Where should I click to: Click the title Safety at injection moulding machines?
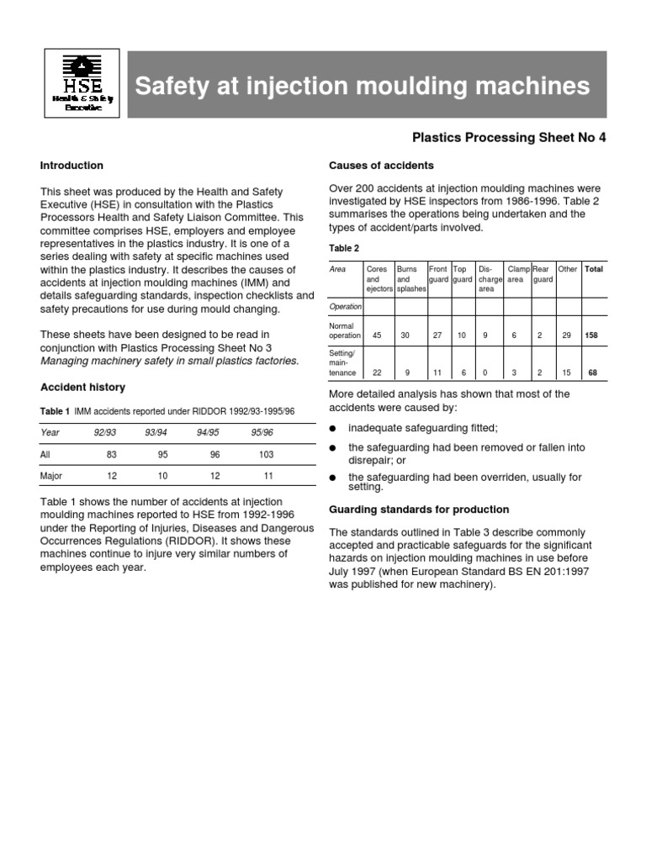(363, 86)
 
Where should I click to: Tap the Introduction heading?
(71, 166)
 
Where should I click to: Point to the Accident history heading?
(82, 387)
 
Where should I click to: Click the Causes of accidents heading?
(381, 166)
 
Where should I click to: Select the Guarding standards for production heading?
(418, 510)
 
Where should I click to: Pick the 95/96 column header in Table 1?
(262, 432)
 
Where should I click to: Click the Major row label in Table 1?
(52, 476)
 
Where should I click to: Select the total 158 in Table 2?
(593, 335)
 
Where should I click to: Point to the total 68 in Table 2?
(593, 372)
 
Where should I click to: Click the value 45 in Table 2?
(377, 335)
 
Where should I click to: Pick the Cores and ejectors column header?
(378, 279)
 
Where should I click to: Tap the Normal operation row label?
(345, 329)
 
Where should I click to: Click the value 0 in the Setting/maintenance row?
(485, 372)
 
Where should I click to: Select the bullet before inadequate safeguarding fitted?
(333, 428)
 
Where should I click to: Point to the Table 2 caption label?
(343, 248)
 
